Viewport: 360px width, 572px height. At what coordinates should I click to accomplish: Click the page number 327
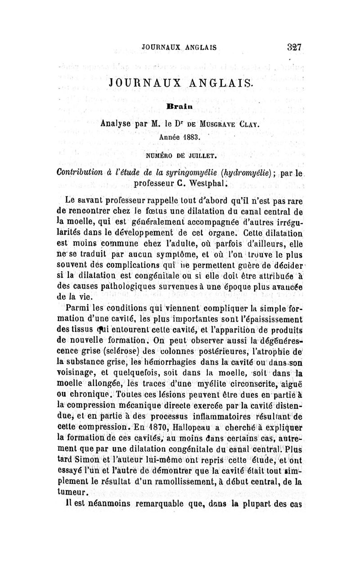(x=292, y=46)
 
